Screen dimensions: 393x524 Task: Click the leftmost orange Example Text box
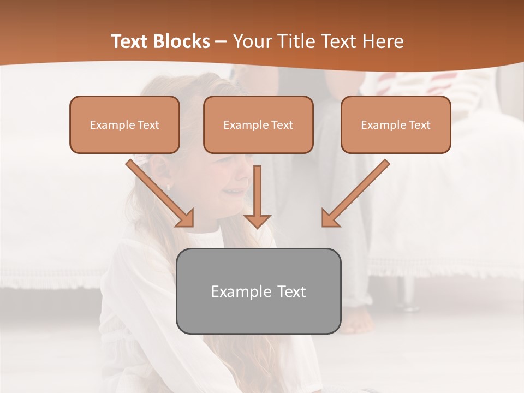click(124, 124)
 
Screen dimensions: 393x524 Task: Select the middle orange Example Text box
click(258, 124)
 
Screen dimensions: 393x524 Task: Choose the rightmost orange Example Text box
click(396, 124)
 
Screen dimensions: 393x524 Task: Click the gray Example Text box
click(258, 291)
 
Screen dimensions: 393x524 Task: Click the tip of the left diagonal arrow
click(192, 225)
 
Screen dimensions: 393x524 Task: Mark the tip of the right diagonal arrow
click(323, 225)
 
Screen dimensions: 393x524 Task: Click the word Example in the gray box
click(234, 291)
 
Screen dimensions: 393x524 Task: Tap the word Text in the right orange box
click(419, 125)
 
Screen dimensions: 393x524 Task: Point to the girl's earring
click(168, 187)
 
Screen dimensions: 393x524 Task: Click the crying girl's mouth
click(236, 191)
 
